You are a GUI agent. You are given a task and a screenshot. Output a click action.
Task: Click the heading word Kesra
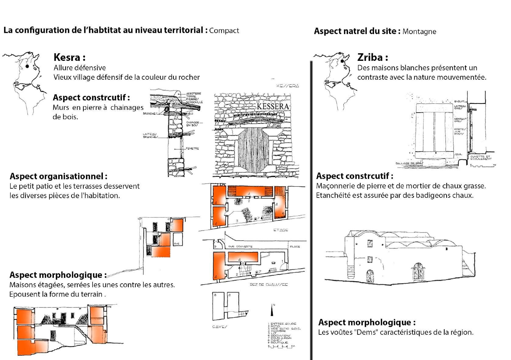coord(67,57)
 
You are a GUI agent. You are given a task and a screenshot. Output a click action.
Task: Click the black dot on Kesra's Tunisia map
coord(27,66)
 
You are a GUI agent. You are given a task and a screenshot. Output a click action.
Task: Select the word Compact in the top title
coord(224,31)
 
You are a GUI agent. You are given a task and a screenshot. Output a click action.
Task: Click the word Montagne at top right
coord(419,32)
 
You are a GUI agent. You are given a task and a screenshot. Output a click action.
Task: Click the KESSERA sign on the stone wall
coord(273,107)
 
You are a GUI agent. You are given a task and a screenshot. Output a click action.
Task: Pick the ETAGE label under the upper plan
coord(281,230)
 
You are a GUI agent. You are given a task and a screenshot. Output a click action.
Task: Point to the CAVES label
coord(220,327)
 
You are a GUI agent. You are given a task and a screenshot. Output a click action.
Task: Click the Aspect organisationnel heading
coord(58,176)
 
